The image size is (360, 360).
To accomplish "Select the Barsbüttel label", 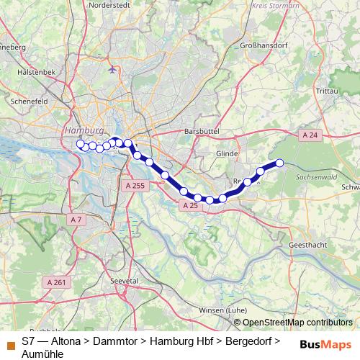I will [201, 132].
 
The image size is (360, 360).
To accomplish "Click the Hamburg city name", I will [80, 130].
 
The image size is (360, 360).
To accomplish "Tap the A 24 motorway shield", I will [310, 135].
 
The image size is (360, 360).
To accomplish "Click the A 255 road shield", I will [135, 186].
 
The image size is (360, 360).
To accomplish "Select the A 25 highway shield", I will [190, 206].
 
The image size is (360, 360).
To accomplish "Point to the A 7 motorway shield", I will [76, 219].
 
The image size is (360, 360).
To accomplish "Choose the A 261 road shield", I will [56, 282].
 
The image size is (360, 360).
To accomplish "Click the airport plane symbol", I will [112, 69].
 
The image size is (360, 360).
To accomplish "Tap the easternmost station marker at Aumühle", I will [279, 163].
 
